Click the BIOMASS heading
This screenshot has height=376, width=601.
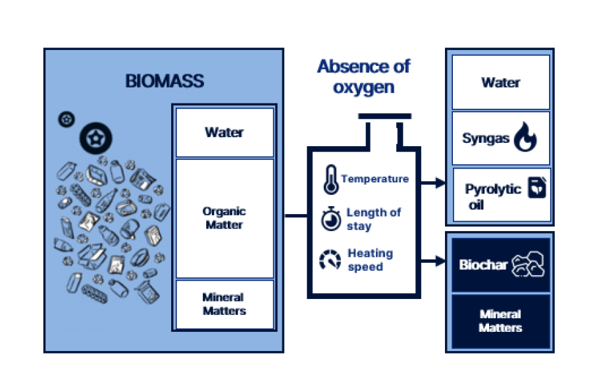tap(165, 81)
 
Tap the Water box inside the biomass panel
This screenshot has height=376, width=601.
tap(224, 132)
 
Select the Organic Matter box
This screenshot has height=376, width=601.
tap(224, 219)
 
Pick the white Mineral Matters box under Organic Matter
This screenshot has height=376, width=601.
tap(224, 304)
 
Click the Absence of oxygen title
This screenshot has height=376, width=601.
tap(363, 76)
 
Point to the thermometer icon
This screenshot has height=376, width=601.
tap(330, 179)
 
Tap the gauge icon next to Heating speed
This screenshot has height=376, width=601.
tap(330, 259)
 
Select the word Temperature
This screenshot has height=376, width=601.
tap(375, 179)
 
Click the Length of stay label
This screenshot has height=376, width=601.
tap(373, 219)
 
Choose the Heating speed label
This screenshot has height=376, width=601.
tap(370, 259)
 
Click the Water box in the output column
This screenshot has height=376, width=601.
tap(500, 83)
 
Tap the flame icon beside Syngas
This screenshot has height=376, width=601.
tap(525, 138)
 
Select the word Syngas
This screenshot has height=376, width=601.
tap(486, 139)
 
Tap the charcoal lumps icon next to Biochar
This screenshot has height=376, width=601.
tap(529, 265)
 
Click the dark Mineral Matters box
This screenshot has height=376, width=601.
tap(500, 321)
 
